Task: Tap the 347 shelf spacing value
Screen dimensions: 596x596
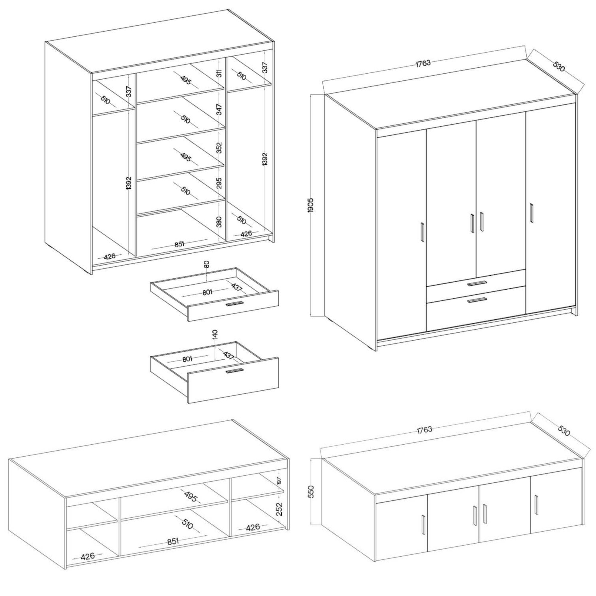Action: click(219, 109)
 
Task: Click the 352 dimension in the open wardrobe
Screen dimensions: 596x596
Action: click(219, 148)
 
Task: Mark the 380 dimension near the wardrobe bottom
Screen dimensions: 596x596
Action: click(219, 222)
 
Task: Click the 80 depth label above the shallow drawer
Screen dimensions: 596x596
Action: click(207, 264)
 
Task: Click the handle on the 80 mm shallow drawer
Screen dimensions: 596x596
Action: click(235, 304)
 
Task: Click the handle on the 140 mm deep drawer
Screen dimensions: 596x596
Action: click(235, 370)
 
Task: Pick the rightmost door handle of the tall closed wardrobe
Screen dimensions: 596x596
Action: click(531, 212)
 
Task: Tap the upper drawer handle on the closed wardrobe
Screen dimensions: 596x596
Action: click(477, 283)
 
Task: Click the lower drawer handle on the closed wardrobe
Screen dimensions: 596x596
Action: click(477, 300)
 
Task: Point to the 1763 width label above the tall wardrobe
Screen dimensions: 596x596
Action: click(423, 63)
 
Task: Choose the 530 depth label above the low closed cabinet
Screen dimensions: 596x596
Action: click(563, 431)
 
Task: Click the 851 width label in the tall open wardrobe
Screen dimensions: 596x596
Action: click(179, 244)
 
